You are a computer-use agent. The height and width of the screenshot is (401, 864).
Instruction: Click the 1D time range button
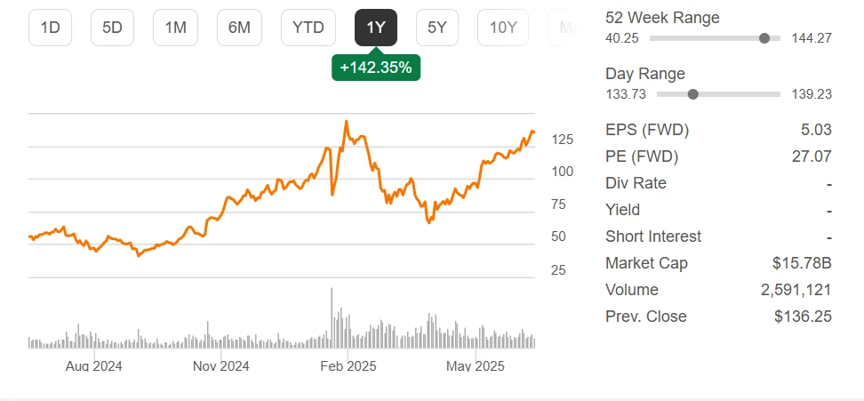tap(50, 28)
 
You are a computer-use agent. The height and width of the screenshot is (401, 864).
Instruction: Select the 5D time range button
tap(112, 28)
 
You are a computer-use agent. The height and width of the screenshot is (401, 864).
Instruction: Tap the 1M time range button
tap(175, 28)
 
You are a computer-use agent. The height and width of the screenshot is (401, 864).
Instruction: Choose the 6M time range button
tap(239, 28)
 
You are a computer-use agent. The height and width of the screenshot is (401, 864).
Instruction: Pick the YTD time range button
tap(308, 28)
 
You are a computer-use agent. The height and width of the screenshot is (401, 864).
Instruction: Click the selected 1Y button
tap(376, 28)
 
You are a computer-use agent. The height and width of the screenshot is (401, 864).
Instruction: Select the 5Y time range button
tap(437, 28)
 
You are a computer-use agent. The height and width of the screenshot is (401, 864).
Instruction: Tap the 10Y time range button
tap(503, 28)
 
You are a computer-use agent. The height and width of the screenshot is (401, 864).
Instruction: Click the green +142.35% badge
tap(376, 67)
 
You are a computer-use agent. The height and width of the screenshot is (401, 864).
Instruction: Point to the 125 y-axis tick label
tap(561, 140)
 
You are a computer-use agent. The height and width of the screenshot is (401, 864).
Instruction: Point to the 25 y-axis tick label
tap(559, 269)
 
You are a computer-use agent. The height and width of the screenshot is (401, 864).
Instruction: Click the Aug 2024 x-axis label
tap(93, 365)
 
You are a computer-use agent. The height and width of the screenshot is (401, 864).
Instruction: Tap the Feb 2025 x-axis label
tap(348, 365)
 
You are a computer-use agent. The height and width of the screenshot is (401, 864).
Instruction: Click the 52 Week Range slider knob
tap(764, 38)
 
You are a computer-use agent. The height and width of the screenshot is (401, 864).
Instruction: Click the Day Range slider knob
tap(693, 94)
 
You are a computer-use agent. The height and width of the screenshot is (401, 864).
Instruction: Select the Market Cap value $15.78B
tap(802, 263)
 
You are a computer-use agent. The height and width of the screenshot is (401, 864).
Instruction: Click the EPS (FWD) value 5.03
tap(816, 130)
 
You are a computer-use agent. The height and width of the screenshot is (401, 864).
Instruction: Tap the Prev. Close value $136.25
tap(803, 317)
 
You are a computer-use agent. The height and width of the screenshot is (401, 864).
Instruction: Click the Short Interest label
tap(653, 237)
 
